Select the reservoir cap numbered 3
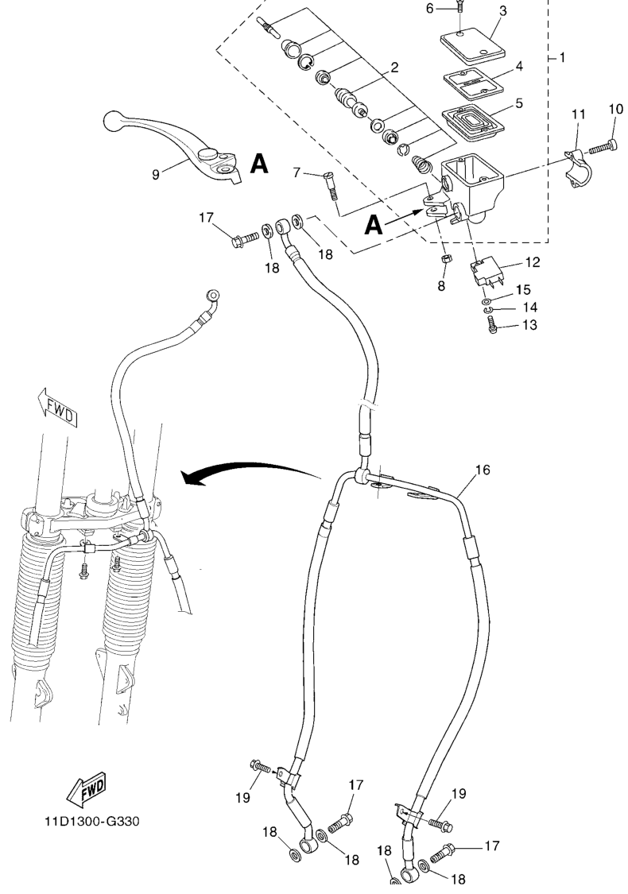click(473, 45)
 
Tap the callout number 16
click(482, 470)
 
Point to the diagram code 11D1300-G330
click(92, 821)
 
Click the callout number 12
click(532, 262)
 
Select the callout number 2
click(394, 68)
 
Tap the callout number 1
click(562, 57)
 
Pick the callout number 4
click(519, 67)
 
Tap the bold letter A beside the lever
click(259, 164)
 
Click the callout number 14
click(530, 308)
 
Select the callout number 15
click(523, 289)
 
